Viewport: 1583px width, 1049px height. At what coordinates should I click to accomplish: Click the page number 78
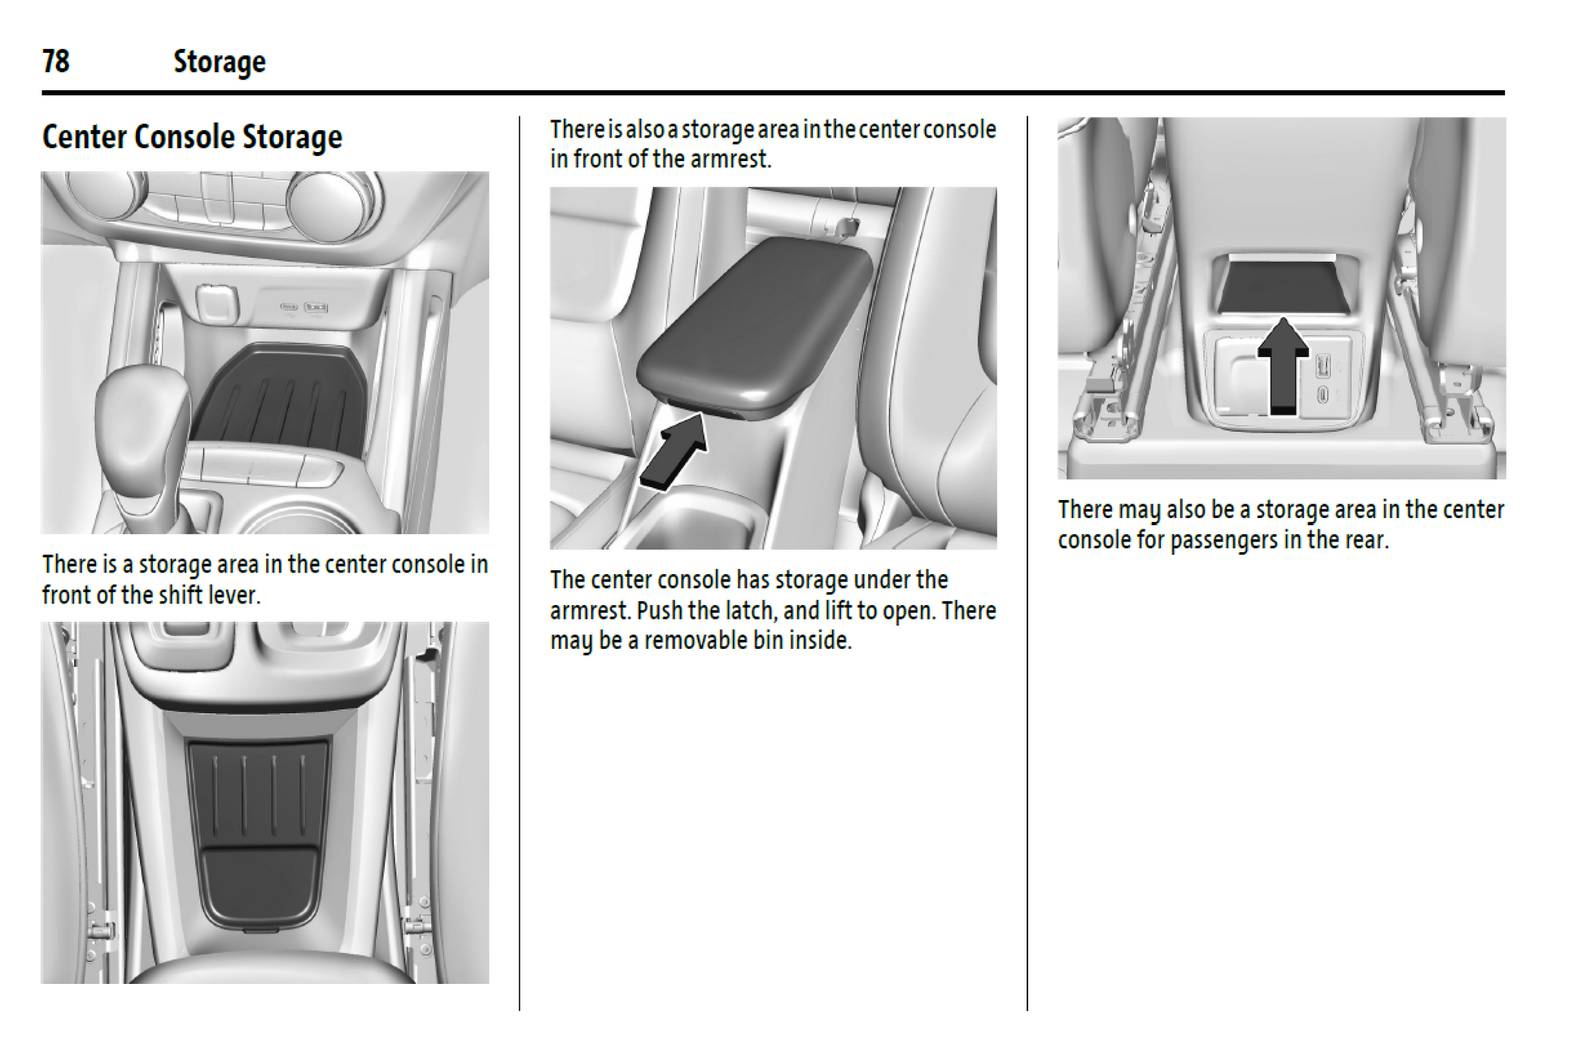56,61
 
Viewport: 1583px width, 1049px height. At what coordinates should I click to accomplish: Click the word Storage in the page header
220,63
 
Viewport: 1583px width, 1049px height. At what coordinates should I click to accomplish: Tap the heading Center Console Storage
192,137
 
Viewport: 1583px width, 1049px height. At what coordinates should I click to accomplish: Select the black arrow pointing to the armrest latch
674,451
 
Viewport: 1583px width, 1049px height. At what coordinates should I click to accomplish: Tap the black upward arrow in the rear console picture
1283,365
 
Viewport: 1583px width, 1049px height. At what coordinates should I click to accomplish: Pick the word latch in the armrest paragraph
750,610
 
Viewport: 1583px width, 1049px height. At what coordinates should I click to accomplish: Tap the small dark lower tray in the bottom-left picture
259,886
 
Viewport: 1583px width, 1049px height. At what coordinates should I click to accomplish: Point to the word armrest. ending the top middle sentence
730,159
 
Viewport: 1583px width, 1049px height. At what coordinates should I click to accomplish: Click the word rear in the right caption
1366,540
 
